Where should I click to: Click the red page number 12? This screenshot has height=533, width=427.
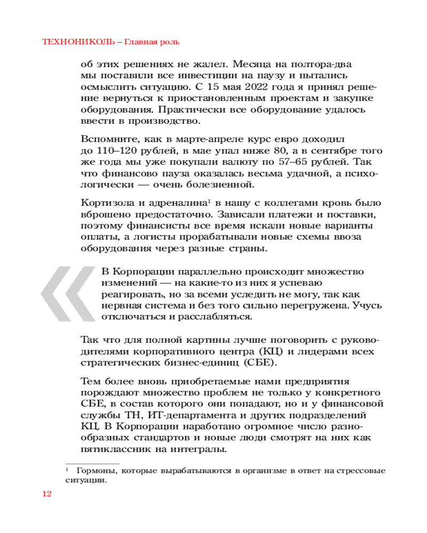(46, 494)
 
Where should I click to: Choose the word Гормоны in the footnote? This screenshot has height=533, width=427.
(94, 471)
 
